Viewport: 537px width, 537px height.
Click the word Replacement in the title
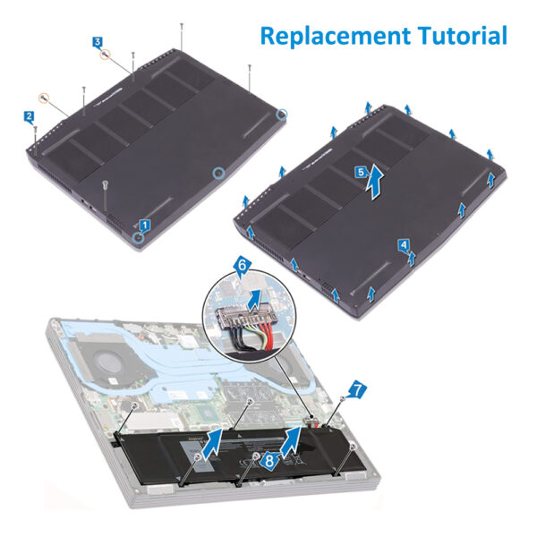(x=336, y=37)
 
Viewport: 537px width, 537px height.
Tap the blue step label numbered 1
(x=144, y=226)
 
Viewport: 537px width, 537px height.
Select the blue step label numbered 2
(x=30, y=116)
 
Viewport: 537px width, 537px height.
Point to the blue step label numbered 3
(x=98, y=42)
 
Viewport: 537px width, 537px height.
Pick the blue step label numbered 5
(x=361, y=172)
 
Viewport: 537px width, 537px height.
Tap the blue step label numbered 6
(x=242, y=265)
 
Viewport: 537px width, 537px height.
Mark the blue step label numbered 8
(x=269, y=461)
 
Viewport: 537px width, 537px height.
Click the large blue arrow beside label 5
(x=376, y=182)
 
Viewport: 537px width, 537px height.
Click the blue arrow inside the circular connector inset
(x=254, y=301)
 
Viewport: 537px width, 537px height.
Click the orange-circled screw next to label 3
(x=105, y=54)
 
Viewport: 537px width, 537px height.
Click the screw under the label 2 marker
(x=35, y=139)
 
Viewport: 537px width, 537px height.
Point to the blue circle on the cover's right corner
(x=282, y=114)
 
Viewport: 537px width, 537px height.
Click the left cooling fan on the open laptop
(x=109, y=361)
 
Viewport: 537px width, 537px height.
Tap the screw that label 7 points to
(x=342, y=398)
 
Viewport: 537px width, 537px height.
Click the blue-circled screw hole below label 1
(x=139, y=236)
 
